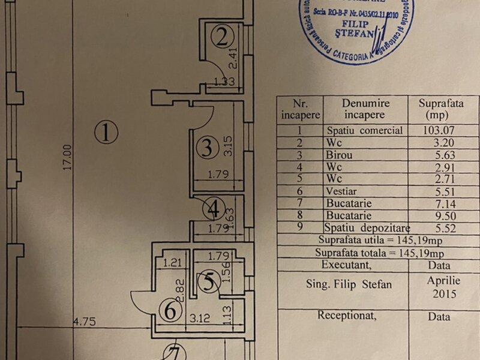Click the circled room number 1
tap(106, 132)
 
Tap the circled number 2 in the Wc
tap(221, 38)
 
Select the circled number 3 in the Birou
tap(207, 147)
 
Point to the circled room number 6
tap(170, 310)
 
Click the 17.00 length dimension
tap(68, 157)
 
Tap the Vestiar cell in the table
tap(343, 191)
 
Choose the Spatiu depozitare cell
tap(365, 228)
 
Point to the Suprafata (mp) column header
tap(440, 109)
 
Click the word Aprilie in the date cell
tap(443, 280)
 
